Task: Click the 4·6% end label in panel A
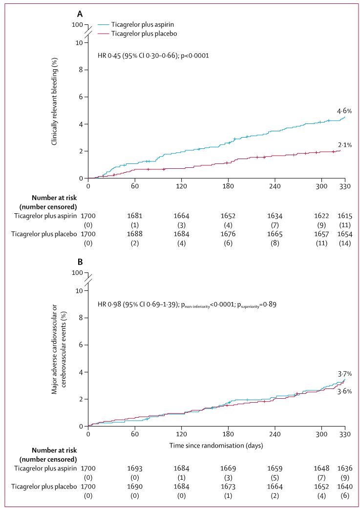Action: coord(344,111)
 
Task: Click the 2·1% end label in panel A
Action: coord(344,145)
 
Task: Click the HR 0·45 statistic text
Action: coord(153,55)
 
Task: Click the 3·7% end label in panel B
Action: coord(344,374)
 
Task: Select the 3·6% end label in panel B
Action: coord(344,390)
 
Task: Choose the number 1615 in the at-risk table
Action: coord(345,215)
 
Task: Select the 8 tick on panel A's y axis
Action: coord(80,70)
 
